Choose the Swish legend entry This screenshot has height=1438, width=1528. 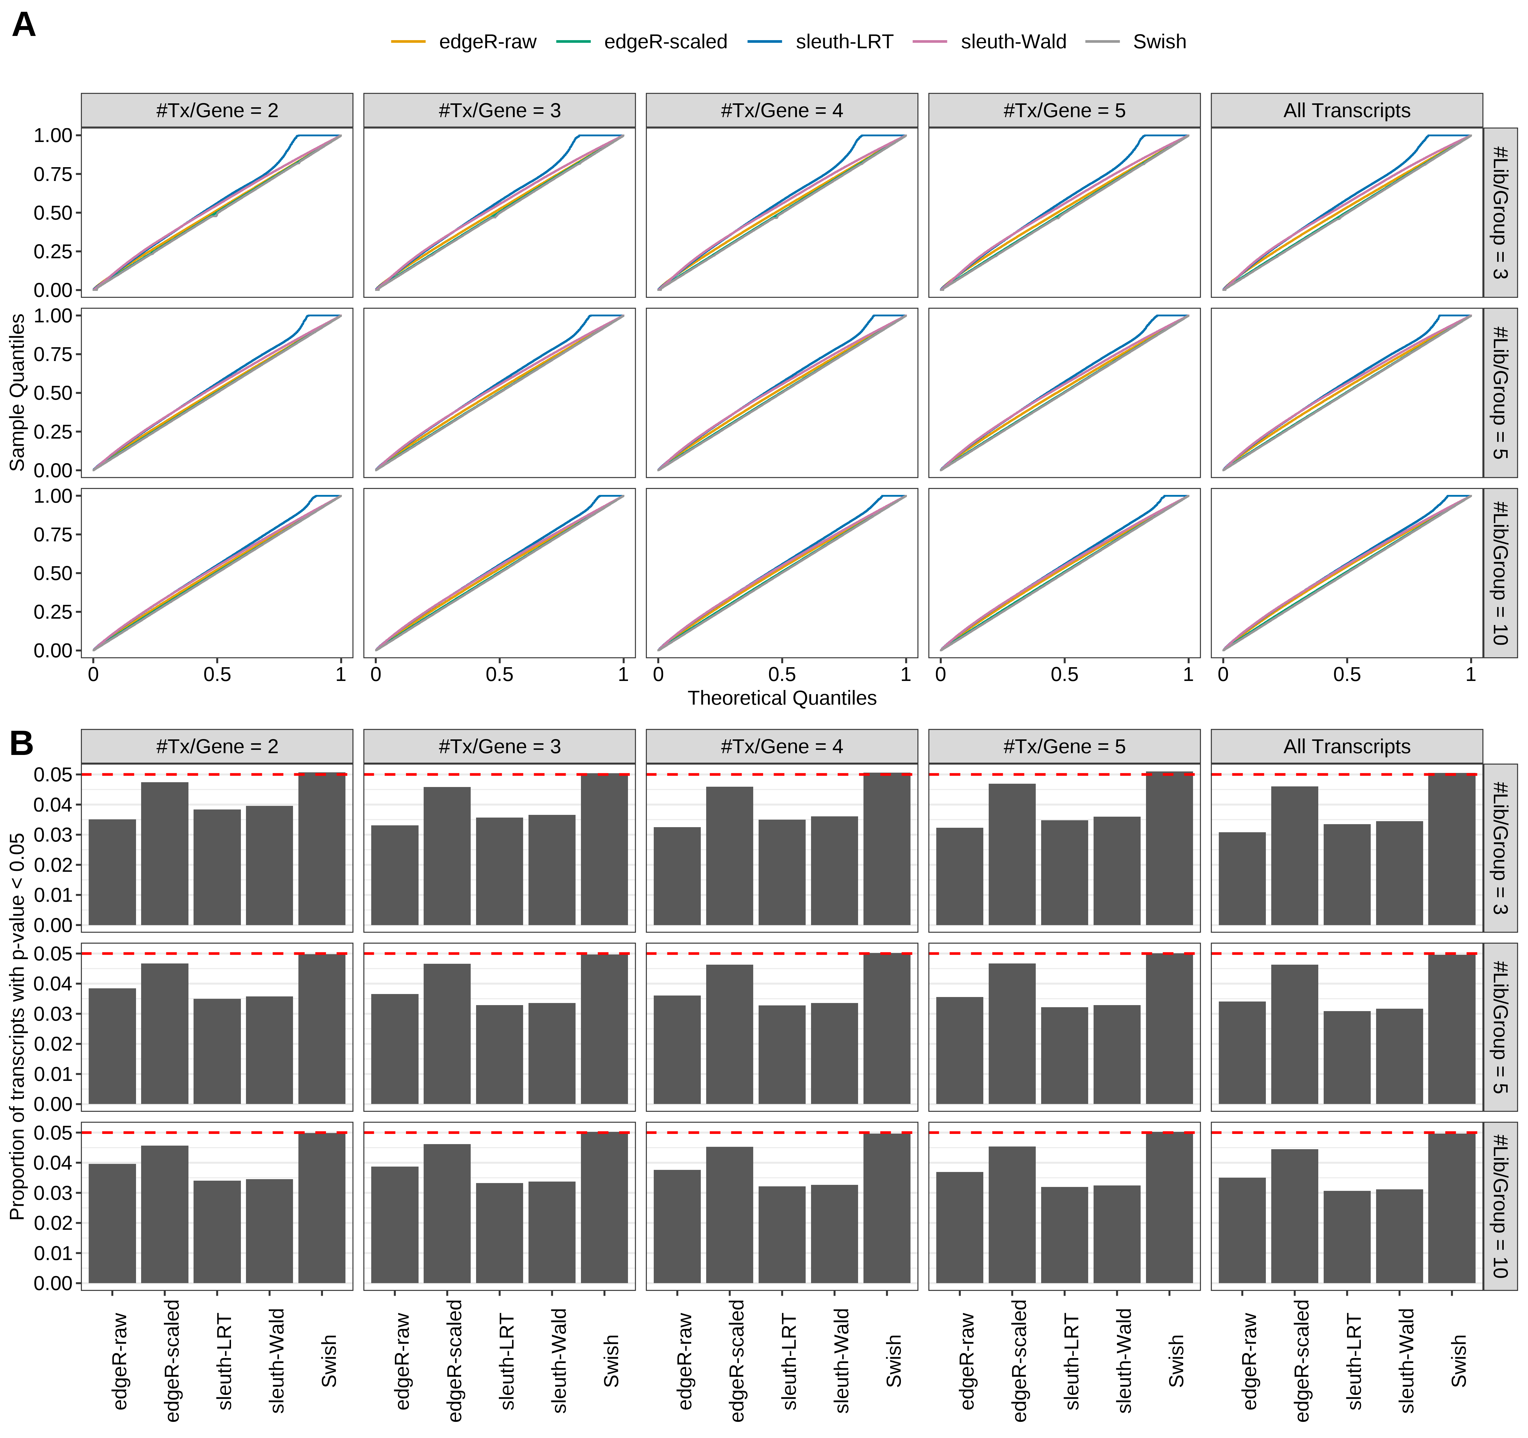pos(1158,42)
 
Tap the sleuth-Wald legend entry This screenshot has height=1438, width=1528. pos(1012,42)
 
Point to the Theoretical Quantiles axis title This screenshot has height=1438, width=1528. pos(782,698)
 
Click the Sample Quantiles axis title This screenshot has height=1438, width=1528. pos(17,392)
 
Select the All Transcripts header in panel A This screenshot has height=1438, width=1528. pos(1347,111)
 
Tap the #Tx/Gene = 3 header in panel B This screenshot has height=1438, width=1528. pos(500,746)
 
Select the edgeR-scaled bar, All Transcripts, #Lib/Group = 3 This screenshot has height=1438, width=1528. pos(1294,855)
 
